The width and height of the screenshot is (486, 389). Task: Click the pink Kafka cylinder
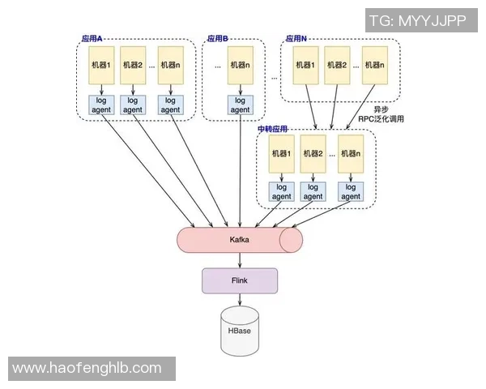[239, 241]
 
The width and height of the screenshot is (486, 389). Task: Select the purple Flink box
[239, 280]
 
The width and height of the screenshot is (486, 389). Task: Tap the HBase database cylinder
[239, 332]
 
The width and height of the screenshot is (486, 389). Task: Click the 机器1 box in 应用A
[102, 66]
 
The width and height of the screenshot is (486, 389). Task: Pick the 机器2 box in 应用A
[133, 66]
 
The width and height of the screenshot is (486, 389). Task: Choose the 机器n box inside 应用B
[240, 66]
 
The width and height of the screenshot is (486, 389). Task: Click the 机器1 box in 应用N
[306, 66]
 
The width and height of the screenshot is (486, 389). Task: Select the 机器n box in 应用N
[373, 66]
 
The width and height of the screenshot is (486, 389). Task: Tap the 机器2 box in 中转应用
[313, 153]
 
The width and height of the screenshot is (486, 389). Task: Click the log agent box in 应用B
[240, 105]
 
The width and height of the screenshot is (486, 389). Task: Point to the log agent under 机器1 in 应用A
[102, 105]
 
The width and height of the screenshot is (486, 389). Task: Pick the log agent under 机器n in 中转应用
[349, 191]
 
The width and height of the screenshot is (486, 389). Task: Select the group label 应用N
[296, 38]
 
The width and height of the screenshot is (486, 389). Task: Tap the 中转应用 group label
[273, 129]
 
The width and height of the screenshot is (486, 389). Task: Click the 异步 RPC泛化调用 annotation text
[381, 113]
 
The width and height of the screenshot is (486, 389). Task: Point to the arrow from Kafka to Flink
[239, 260]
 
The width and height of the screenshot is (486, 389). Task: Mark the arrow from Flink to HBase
[239, 300]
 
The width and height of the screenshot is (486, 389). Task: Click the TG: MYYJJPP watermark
[417, 21]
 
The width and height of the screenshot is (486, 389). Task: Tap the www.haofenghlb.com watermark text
[87, 368]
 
